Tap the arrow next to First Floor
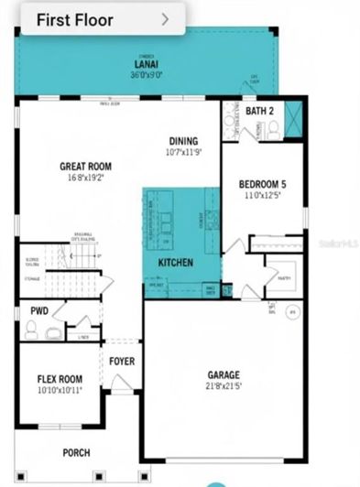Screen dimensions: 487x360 [x=165, y=17]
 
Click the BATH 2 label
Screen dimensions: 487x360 [x=259, y=111]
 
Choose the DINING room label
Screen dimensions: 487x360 [x=184, y=141]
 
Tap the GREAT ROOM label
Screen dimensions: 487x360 [x=86, y=167]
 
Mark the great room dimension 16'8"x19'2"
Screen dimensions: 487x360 [x=86, y=177]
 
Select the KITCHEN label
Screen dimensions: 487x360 [x=175, y=263]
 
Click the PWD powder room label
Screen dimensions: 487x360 [x=38, y=310]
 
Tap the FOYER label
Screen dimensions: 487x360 [x=122, y=362]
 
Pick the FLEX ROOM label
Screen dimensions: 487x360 [x=60, y=379]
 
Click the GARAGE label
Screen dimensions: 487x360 [x=224, y=375]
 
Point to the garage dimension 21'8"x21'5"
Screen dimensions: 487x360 [x=224, y=386]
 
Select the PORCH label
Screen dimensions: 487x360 [x=76, y=453]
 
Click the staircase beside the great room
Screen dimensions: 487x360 [x=83, y=257]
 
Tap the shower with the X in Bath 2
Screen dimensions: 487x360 [x=295, y=119]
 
